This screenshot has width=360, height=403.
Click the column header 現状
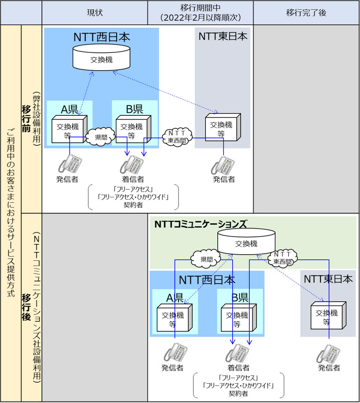point(95,12)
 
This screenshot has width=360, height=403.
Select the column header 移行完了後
point(306,12)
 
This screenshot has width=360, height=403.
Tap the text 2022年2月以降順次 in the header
point(200,18)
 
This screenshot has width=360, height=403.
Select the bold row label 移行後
point(26,307)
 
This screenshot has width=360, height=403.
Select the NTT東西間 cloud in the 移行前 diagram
point(178,137)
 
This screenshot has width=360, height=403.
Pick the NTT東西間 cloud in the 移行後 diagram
point(282,258)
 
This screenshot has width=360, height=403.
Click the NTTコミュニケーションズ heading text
point(200,224)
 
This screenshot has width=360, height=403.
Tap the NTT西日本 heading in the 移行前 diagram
point(102,37)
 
